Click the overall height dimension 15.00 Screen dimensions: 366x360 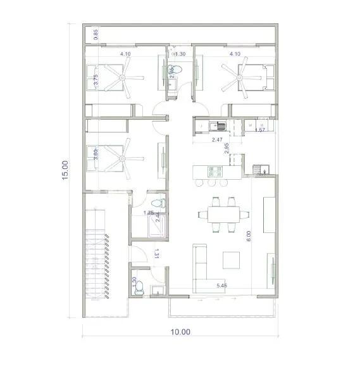coord(65,170)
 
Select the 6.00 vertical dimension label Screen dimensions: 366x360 coord(249,236)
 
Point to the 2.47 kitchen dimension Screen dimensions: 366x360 coord(217,140)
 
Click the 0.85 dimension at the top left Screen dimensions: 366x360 coord(96,35)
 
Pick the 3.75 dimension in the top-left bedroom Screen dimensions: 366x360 coord(96,80)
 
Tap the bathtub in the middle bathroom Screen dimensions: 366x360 coord(154,226)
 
